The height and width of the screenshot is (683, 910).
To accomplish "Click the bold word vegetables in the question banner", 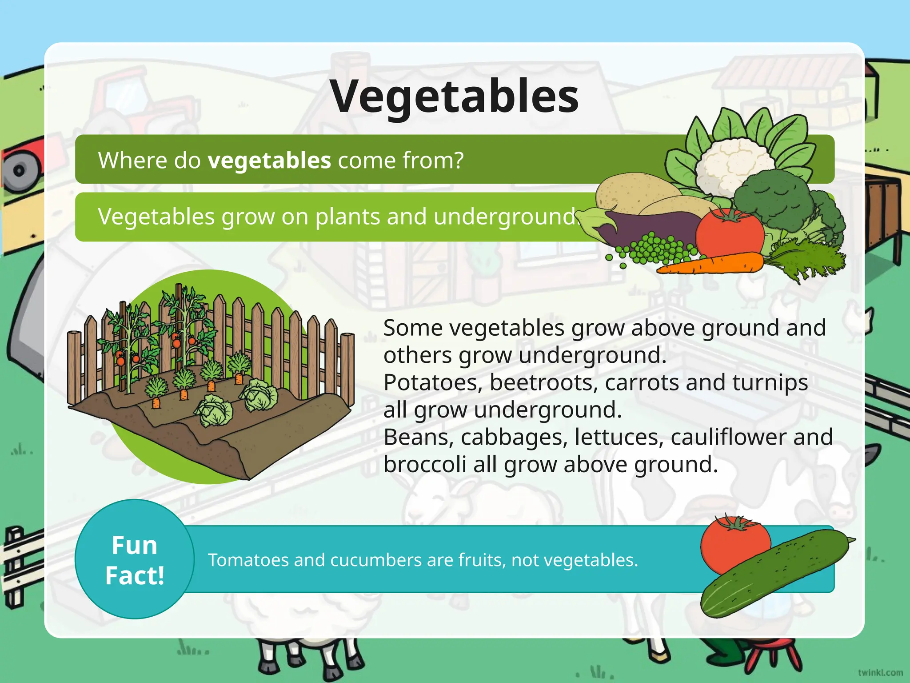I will (x=269, y=160).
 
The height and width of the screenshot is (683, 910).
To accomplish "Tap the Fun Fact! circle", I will (x=135, y=559).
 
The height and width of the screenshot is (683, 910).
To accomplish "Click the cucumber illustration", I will (x=775, y=574).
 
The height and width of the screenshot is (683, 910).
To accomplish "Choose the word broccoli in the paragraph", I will (x=425, y=465).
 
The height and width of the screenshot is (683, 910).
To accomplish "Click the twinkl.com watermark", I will (x=880, y=672).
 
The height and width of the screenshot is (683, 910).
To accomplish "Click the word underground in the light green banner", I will (x=504, y=217).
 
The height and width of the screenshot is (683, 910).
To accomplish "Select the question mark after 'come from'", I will (x=458, y=160).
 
